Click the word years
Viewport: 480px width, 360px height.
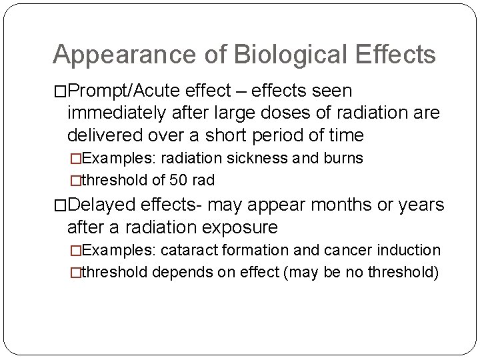click(426, 205)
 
